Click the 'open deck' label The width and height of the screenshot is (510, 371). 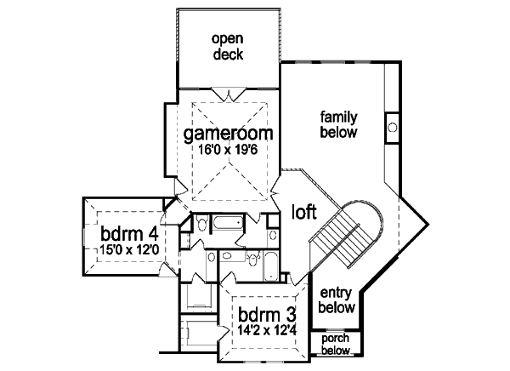tap(227, 46)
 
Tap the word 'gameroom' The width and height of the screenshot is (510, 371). tap(228, 134)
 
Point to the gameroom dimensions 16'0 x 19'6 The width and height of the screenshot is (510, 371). tap(228, 150)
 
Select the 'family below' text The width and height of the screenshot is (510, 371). tap(338, 123)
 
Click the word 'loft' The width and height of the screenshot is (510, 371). tap(305, 210)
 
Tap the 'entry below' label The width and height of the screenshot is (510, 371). tap(337, 299)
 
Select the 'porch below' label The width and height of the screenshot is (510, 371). tap(337, 343)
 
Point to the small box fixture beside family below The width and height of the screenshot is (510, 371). tap(392, 125)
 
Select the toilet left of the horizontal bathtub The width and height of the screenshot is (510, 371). tap(201, 225)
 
